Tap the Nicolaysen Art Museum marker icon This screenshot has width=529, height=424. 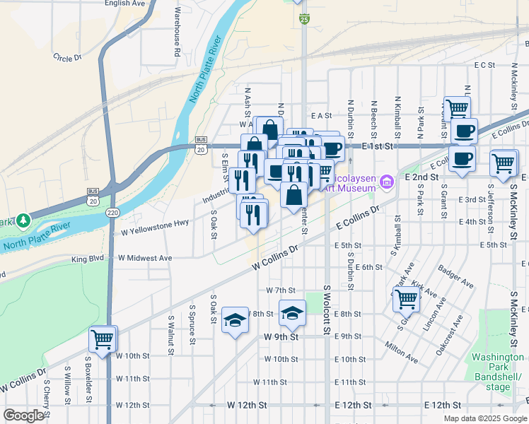click(x=386, y=183)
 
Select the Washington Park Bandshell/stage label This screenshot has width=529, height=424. click(x=499, y=372)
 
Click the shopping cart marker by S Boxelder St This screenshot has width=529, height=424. click(x=103, y=339)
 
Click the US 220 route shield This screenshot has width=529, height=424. click(x=114, y=211)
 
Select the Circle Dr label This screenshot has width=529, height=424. click(x=68, y=58)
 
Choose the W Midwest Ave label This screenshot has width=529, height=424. click(x=146, y=259)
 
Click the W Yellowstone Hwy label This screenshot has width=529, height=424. click(x=154, y=227)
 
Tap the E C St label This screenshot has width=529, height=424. click(x=484, y=65)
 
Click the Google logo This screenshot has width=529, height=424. click(x=24, y=416)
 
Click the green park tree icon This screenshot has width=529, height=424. click(x=23, y=220)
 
